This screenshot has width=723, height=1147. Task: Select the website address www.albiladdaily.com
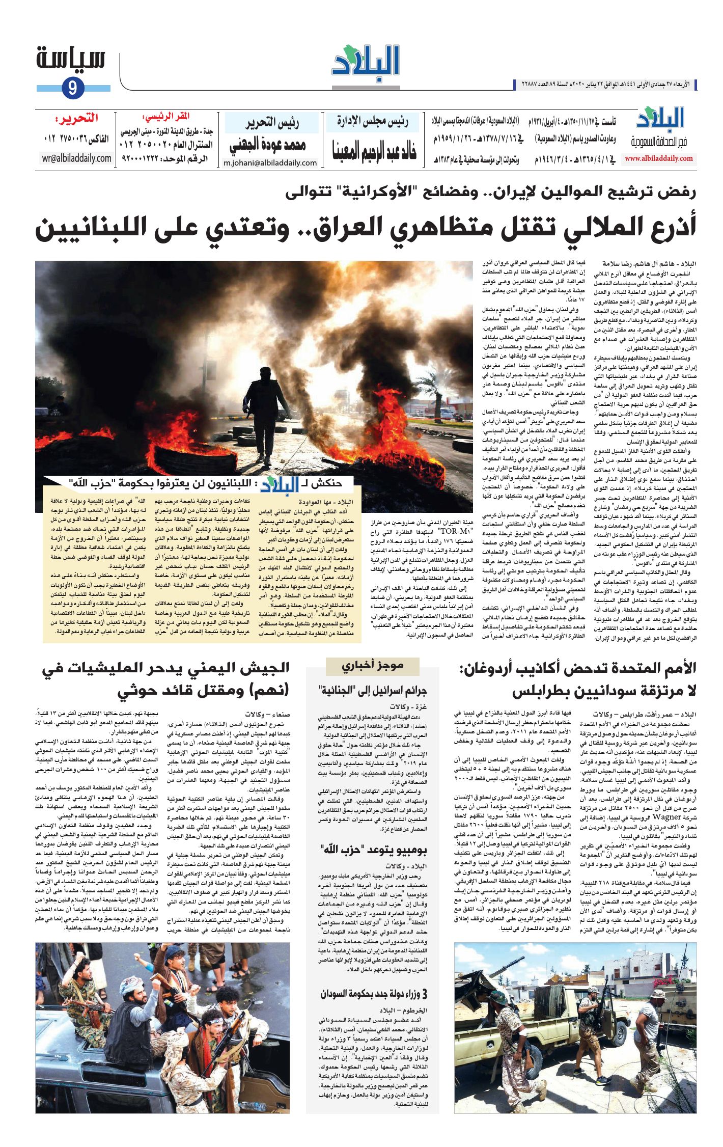click(x=659, y=158)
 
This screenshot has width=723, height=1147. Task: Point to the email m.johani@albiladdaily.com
click(x=270, y=163)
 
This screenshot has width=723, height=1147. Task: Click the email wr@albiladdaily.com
click(x=77, y=158)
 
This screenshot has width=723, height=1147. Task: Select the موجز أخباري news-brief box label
click(x=373, y=665)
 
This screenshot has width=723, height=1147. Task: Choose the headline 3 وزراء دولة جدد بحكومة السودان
click(x=374, y=994)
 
